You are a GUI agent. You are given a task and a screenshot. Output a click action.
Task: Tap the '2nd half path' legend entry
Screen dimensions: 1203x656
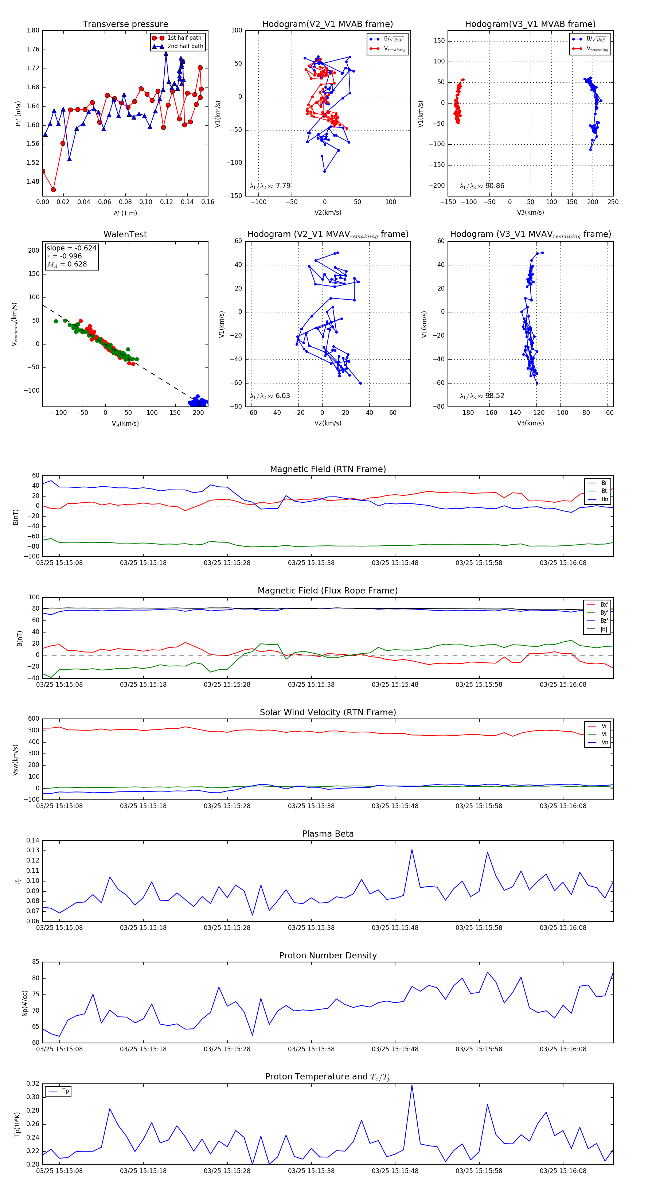pyautogui.click(x=185, y=46)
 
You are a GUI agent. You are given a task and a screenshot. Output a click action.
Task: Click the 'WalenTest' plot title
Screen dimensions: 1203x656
pyautogui.click(x=125, y=234)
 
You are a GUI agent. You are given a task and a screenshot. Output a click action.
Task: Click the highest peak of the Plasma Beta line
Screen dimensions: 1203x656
pyautogui.click(x=412, y=849)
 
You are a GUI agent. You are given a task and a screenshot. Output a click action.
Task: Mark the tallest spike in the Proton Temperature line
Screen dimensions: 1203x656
pyautogui.click(x=412, y=1085)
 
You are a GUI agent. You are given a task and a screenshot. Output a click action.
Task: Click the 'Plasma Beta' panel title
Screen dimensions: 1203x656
pyautogui.click(x=328, y=834)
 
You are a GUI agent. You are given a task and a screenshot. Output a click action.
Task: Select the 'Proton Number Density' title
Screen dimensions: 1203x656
pyautogui.click(x=328, y=955)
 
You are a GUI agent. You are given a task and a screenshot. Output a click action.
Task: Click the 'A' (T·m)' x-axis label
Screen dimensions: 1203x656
pyautogui.click(x=125, y=213)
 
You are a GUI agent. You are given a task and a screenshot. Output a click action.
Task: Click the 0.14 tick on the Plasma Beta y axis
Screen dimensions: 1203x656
pyautogui.click(x=33, y=841)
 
